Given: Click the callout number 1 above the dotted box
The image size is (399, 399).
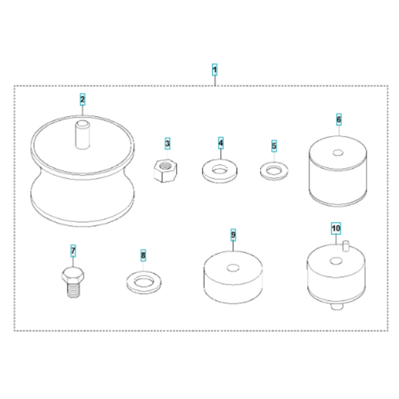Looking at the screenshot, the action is point(214,70).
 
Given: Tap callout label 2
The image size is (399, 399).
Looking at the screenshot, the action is point(83,99).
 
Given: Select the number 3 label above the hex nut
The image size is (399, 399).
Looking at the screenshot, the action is point(167,143).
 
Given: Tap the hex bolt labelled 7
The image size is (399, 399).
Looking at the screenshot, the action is point(73,282).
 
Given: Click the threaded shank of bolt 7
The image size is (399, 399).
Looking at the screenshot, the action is point(74,290).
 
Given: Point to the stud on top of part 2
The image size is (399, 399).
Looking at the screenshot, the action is point(83,135).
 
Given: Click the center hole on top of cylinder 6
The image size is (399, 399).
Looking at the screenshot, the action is point(338,153).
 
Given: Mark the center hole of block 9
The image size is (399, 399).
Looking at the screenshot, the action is point(233,268).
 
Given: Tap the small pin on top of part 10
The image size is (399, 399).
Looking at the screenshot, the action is point(346,246).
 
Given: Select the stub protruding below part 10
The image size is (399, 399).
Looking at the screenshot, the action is point(338,306).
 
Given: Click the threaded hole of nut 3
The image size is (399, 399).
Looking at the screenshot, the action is point(165,165).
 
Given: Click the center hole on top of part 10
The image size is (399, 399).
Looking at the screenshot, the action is point(336,261).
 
